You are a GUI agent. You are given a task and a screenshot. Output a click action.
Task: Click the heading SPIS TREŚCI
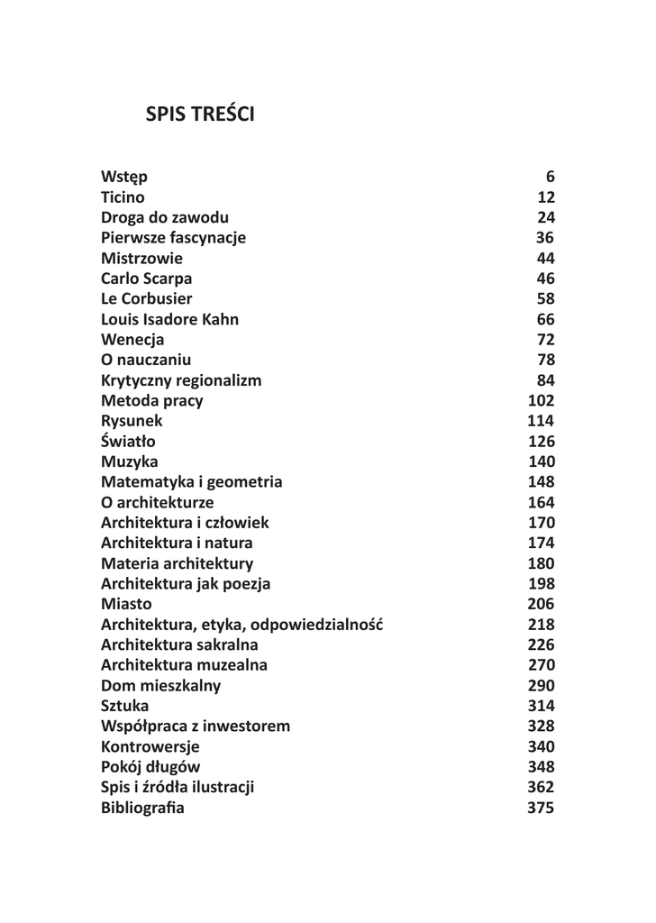[x=200, y=115]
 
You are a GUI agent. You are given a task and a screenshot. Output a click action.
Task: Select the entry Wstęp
[x=124, y=177]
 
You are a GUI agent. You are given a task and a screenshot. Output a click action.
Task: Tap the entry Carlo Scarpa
[x=146, y=279]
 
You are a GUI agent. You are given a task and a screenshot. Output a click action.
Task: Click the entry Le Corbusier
[x=146, y=298]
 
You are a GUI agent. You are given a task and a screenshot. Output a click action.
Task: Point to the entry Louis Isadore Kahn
[x=169, y=319]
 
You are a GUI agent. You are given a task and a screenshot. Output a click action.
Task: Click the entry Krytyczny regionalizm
[x=181, y=380]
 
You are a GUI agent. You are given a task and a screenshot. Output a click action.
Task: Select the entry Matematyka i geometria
[x=191, y=482]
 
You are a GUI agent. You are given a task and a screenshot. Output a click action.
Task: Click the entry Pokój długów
[x=150, y=767]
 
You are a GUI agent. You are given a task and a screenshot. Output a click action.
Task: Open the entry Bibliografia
[x=142, y=808]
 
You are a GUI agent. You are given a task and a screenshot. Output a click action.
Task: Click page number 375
[x=541, y=808]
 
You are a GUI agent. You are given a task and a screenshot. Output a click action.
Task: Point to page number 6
[x=550, y=177]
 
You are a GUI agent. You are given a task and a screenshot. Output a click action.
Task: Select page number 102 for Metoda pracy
[x=541, y=401]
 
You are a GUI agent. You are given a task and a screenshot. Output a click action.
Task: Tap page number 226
[x=541, y=645]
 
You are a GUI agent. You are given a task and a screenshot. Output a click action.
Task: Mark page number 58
[x=545, y=298]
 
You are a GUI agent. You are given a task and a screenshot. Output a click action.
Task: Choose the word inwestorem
[x=247, y=727]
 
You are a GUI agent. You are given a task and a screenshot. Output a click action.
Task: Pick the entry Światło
[x=128, y=442]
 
